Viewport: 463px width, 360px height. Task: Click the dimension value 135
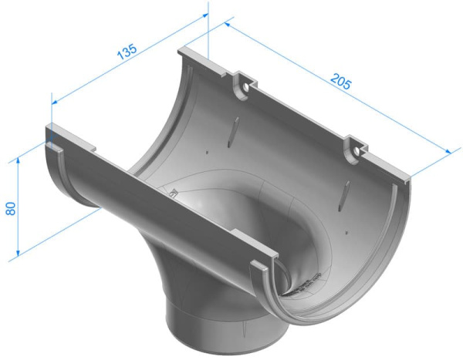(x=127, y=51)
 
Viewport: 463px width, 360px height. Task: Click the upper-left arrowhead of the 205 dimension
(x=227, y=25)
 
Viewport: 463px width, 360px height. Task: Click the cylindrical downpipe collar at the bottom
(x=208, y=324)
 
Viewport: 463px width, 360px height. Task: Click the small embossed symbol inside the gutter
(x=174, y=193)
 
